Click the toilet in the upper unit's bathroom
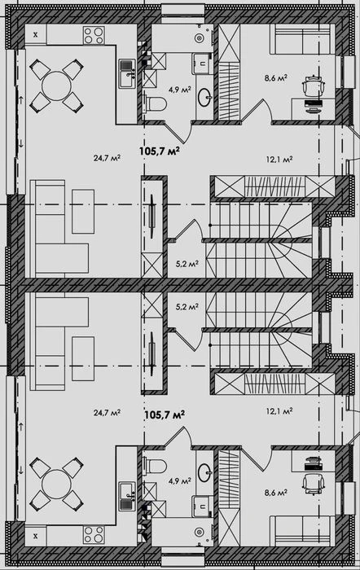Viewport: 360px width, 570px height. (x=156, y=104)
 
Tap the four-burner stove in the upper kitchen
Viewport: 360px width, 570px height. (x=94, y=35)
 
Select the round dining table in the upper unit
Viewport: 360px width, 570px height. (x=56, y=85)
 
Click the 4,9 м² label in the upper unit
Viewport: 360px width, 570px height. (x=179, y=90)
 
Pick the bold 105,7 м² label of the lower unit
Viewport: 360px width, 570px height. (x=165, y=414)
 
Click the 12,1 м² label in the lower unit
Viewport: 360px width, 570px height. (x=279, y=411)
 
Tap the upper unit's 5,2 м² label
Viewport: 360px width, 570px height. (x=187, y=264)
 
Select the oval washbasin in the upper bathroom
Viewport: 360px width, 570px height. (x=204, y=96)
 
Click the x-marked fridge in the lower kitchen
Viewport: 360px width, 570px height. (x=35, y=536)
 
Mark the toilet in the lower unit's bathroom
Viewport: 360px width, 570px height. (x=156, y=466)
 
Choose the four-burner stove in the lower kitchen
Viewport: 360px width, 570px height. (x=94, y=535)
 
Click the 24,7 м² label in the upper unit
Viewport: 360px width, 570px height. (x=107, y=158)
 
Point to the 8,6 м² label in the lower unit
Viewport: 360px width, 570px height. (x=276, y=493)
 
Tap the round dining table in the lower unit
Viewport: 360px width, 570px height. (x=56, y=484)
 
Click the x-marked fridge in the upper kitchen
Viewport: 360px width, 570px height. (x=35, y=34)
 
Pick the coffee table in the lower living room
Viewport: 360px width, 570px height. (x=83, y=358)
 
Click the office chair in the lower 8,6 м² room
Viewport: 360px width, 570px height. (x=313, y=484)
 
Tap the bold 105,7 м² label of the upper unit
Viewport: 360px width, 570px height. (x=160, y=151)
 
